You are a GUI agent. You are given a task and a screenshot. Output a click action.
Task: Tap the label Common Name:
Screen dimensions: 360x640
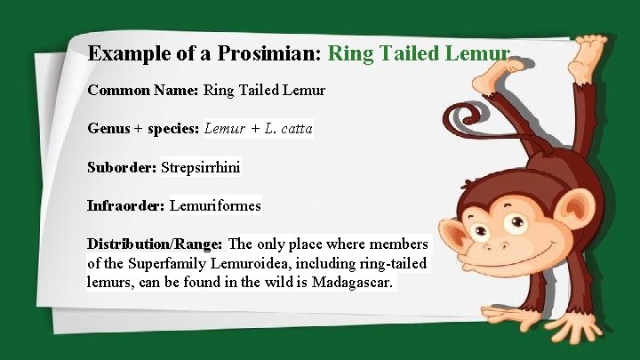pyautogui.click(x=143, y=91)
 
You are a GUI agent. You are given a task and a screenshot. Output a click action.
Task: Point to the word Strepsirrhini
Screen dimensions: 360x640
pyautogui.click(x=201, y=167)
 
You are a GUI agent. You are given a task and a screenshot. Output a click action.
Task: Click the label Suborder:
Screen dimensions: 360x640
pyautogui.click(x=122, y=167)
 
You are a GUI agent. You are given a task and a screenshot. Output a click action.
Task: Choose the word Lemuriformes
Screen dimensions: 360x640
pyautogui.click(x=215, y=206)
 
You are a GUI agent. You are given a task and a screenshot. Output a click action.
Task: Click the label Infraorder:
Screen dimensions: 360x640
pyautogui.click(x=126, y=206)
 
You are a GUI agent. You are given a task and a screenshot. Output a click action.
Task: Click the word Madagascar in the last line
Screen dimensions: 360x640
pyautogui.click(x=354, y=283)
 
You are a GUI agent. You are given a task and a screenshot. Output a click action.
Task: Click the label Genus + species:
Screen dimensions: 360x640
pyautogui.click(x=144, y=129)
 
